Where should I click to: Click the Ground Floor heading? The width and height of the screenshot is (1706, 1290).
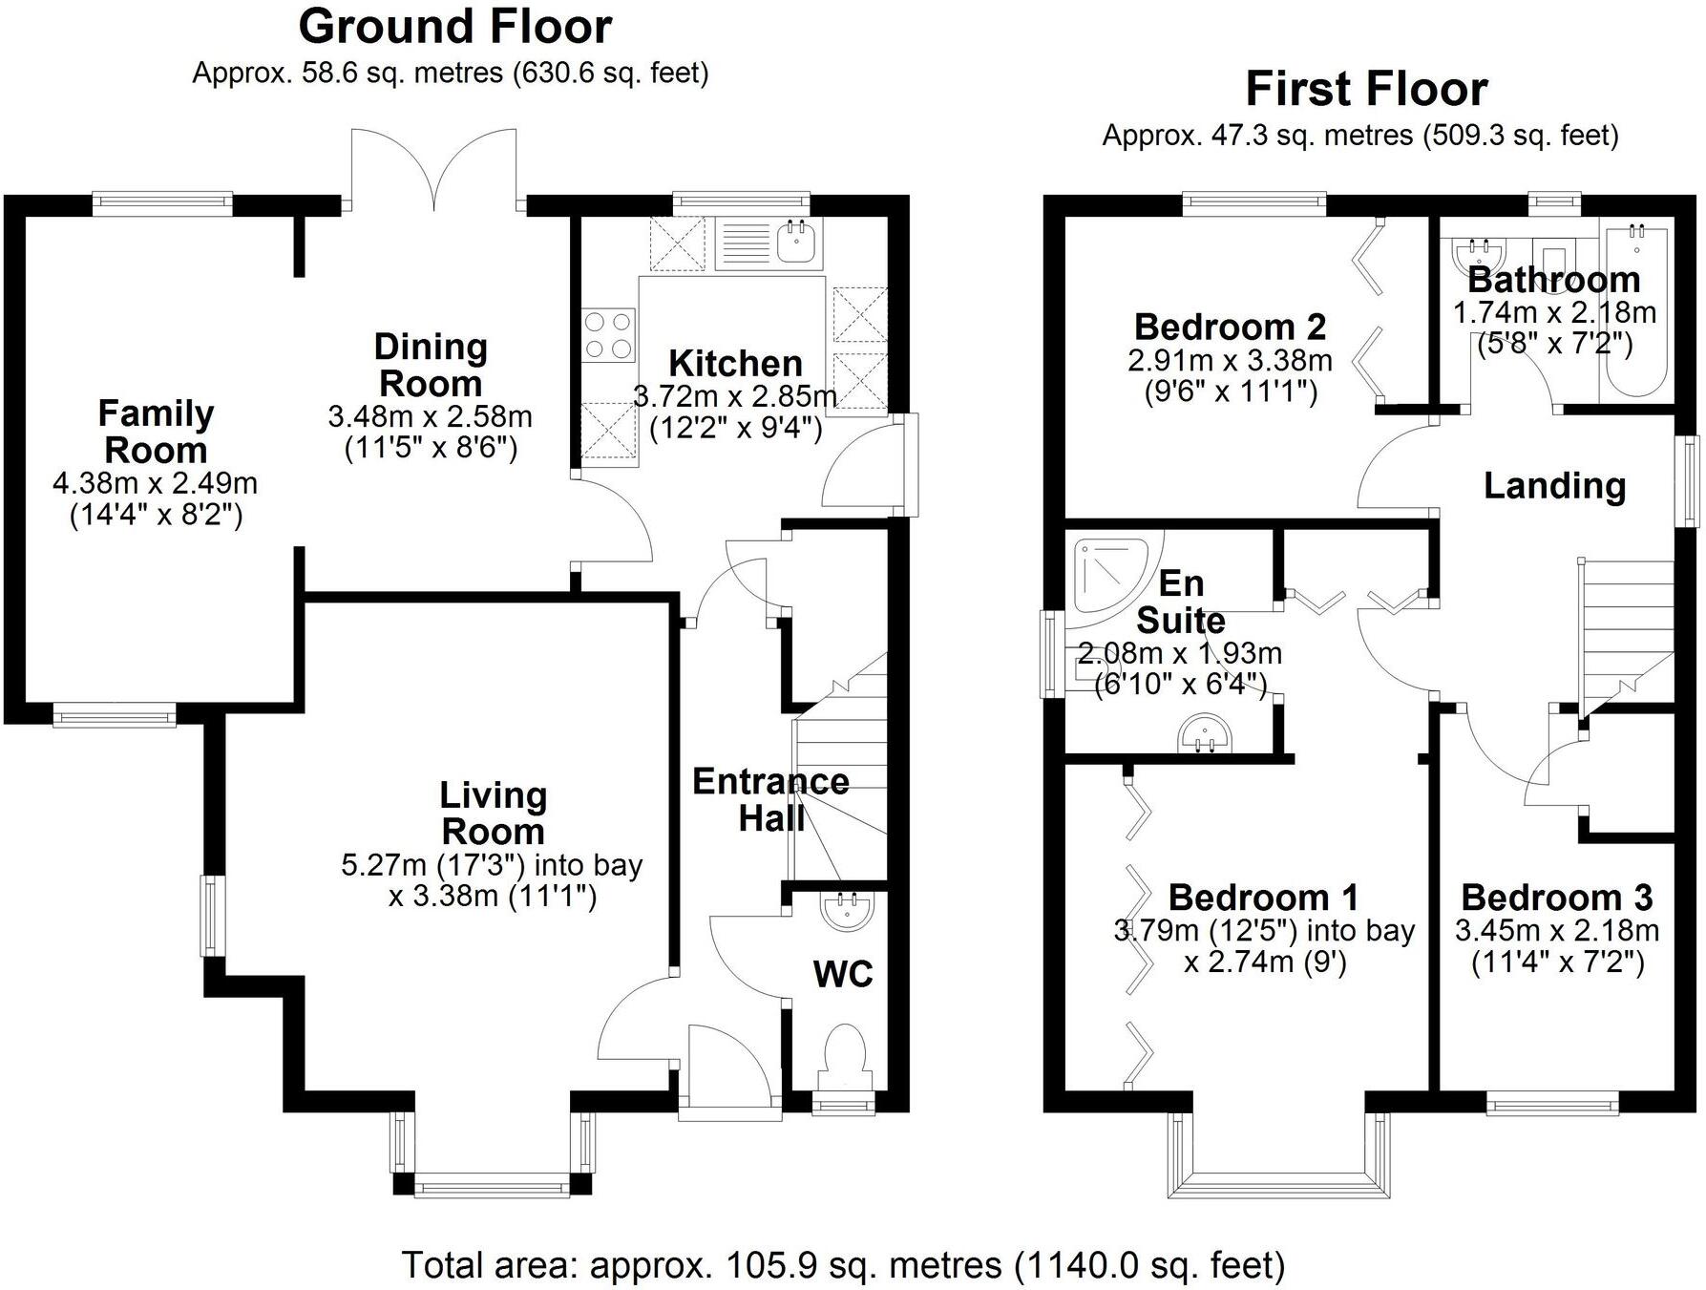click(x=455, y=27)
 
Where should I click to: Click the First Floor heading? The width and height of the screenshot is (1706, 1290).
click(x=1366, y=90)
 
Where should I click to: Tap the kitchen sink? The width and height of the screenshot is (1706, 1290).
click(x=799, y=242)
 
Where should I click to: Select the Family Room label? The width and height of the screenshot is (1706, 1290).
click(x=156, y=432)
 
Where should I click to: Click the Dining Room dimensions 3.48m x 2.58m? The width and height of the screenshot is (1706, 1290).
click(x=431, y=416)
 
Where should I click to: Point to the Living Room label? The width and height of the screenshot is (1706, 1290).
click(x=493, y=813)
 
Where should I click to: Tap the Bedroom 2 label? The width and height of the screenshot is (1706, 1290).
click(x=1230, y=327)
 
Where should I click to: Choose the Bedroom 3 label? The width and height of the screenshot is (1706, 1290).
click(x=1557, y=898)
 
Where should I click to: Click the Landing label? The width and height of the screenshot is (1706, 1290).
click(x=1555, y=486)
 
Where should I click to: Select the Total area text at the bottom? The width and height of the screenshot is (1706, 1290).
click(x=843, y=1265)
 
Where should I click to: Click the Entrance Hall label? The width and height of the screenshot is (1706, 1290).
click(x=771, y=800)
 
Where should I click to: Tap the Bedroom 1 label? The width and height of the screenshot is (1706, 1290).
click(x=1264, y=898)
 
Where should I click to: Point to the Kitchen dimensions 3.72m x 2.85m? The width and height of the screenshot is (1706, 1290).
click(x=735, y=395)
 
